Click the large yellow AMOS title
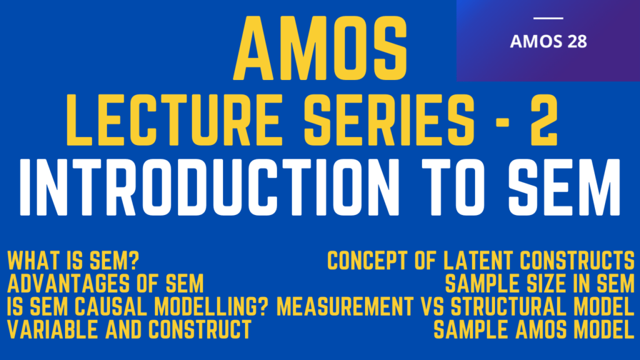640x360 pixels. (319, 47)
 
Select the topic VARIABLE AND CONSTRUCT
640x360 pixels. (129, 329)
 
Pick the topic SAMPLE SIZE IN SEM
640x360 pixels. (540, 284)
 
